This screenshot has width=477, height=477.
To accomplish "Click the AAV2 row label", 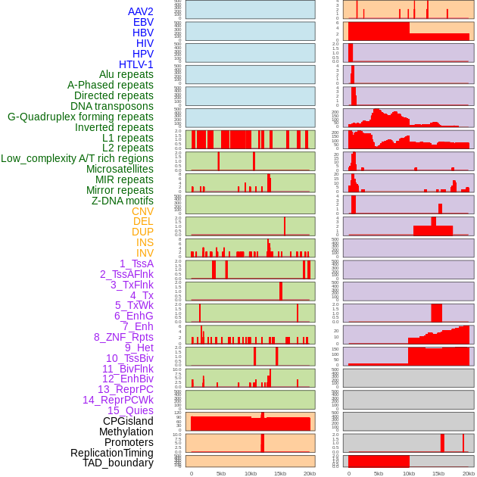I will click(x=141, y=11).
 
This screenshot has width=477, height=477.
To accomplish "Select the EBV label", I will click(x=143, y=22).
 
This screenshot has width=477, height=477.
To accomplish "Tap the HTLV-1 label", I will click(x=136, y=64).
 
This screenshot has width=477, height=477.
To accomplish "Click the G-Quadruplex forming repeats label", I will click(x=80, y=117).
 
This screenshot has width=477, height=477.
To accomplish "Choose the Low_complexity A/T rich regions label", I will click(x=77, y=158).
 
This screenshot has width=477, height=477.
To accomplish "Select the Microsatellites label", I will click(x=120, y=169).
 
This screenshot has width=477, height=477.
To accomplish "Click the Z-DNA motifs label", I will click(x=123, y=201).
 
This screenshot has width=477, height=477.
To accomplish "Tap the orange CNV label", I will click(x=142, y=211).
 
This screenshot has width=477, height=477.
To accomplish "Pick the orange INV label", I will click(x=145, y=253).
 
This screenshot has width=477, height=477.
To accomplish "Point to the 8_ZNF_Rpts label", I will click(x=123, y=337).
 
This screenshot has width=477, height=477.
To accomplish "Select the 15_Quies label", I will click(x=130, y=410).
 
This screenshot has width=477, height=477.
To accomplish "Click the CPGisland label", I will click(x=128, y=421).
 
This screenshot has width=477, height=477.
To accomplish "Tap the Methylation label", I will click(x=126, y=432).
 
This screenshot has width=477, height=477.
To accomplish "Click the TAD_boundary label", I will click(x=118, y=463).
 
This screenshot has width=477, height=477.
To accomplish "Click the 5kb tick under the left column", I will click(x=221, y=473).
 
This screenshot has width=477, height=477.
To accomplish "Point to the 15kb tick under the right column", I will click(x=438, y=473).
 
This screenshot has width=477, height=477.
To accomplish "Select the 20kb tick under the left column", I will click(x=310, y=473).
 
